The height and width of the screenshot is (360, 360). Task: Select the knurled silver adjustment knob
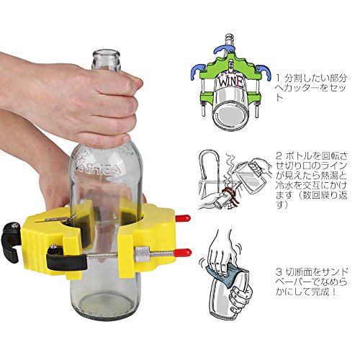pos(142,254)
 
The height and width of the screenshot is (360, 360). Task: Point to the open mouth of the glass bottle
pos(106,53)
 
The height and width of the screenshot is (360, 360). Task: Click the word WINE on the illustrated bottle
pos(231,82)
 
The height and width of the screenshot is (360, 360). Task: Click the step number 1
pos(278,78)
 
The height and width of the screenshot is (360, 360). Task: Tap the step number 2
pos(279,157)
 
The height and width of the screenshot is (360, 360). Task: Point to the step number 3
pos(279,272)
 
